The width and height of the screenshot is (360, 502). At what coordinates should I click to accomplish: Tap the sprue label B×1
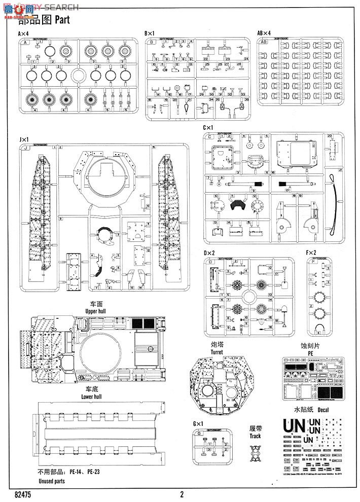click(150, 33)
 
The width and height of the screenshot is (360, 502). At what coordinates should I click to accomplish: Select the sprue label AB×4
click(264, 33)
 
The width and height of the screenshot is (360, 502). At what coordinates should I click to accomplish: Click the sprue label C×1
click(208, 128)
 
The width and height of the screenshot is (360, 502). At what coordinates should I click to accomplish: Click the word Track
click(255, 436)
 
